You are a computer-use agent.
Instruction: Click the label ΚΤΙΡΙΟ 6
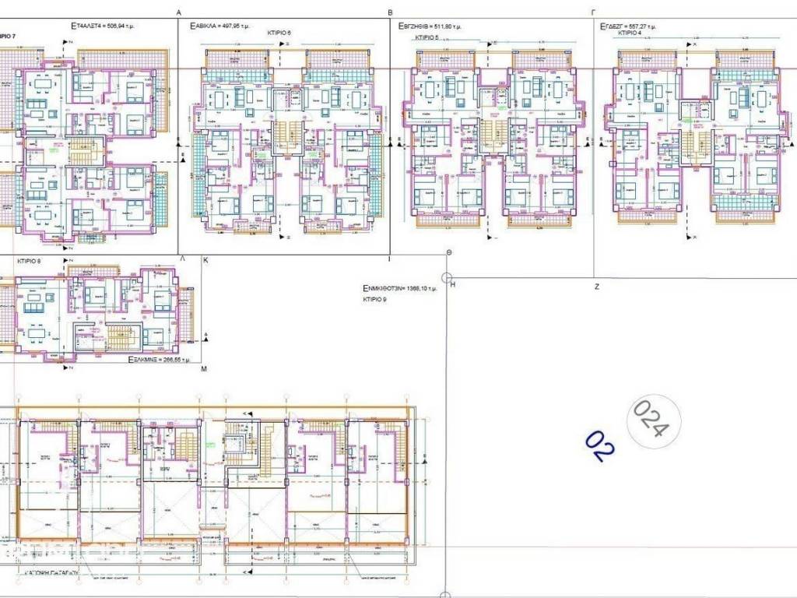tap(277, 32)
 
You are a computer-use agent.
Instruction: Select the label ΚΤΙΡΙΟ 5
tap(427, 37)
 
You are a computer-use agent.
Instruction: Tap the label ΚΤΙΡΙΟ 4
tap(630, 33)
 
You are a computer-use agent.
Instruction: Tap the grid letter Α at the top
tap(179, 12)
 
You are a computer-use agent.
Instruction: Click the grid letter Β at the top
tap(391, 12)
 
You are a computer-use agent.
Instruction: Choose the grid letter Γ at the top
tap(593, 12)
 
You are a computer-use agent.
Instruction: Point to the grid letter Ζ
tap(596, 287)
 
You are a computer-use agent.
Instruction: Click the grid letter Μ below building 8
tap(204, 371)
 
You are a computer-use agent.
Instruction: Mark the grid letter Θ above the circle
tap(449, 254)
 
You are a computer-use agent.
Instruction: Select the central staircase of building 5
tap(491, 134)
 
